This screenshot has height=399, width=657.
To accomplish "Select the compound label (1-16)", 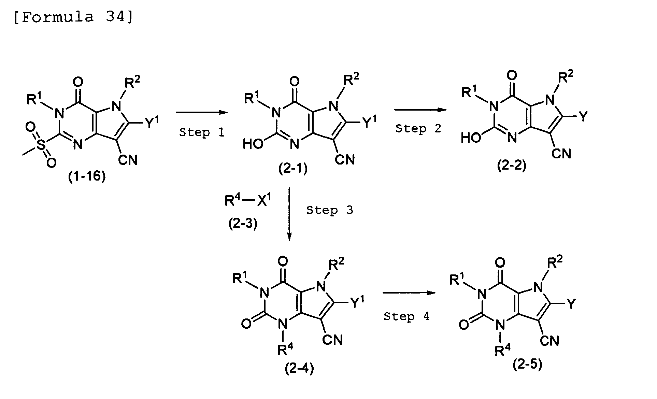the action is (x=87, y=177).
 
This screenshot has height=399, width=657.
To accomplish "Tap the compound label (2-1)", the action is (x=293, y=169).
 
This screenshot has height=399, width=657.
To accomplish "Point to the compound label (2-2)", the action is (x=512, y=166).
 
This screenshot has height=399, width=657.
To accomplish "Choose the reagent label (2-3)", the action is (x=243, y=223).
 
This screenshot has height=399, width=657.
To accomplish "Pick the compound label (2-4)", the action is (x=299, y=369).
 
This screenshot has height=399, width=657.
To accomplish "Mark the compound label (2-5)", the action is (x=527, y=365).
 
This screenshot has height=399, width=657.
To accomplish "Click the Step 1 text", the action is (x=202, y=132).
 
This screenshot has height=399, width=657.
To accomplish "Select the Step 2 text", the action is (x=418, y=129).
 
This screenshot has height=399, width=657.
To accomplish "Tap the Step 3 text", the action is (x=329, y=210).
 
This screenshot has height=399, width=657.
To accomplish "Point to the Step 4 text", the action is (x=406, y=316).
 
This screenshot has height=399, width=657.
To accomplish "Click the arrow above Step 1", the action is (x=202, y=112).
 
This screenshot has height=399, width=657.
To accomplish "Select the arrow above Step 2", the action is (x=420, y=110).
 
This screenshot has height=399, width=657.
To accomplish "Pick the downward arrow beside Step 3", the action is (x=289, y=214).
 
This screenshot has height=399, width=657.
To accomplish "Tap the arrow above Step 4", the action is (x=410, y=293).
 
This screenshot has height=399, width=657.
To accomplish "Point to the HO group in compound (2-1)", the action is (x=253, y=144).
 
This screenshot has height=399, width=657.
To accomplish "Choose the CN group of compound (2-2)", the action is (x=561, y=154).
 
